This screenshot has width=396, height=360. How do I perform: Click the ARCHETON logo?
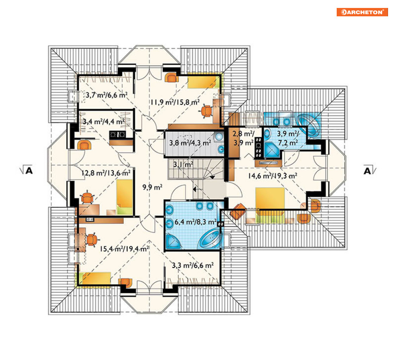tap(362, 12)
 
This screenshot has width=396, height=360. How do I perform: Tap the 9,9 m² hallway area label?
tap(152, 187)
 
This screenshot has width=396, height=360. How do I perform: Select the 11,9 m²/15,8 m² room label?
tap(175, 102)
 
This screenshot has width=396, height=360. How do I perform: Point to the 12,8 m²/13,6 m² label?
tap(106, 173)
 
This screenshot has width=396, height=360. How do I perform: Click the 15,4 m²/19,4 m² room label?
tap(124, 249)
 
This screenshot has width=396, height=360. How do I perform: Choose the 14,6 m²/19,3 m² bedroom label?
tap(273, 176)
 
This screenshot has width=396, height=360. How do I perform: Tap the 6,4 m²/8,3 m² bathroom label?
tap(195, 222)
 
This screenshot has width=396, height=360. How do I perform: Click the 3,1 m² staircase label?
tap(183, 165)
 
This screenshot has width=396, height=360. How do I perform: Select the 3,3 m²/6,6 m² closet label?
tap(193, 265)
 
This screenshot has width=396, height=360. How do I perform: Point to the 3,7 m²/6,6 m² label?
tap(107, 95)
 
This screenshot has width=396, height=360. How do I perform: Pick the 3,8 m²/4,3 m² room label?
tap(190, 143)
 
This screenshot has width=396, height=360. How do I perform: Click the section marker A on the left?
tap(27, 170)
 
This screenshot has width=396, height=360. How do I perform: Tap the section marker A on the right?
tap(369, 171)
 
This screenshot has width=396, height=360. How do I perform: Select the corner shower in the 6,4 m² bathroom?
tap(173, 241)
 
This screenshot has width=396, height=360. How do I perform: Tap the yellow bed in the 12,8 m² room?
tap(125, 197)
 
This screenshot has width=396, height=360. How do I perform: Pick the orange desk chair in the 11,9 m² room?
tap(207, 111)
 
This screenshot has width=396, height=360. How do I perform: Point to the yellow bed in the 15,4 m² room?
tap(94, 279)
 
